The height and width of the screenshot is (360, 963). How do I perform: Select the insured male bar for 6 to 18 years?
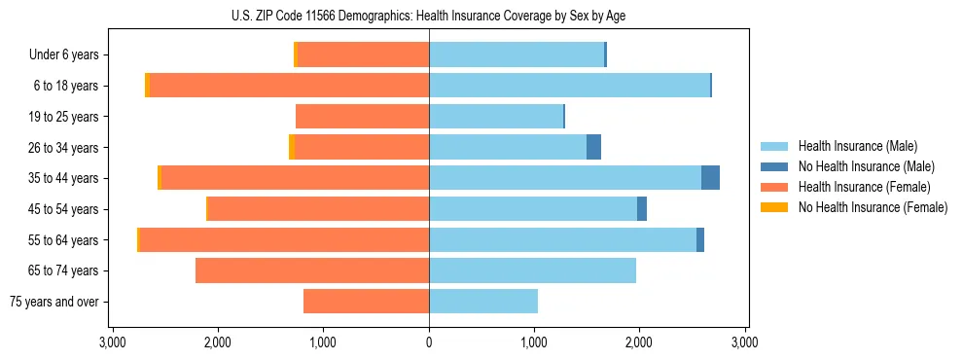pos(569,86)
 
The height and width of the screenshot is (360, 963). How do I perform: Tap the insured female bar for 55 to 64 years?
pos(576,240)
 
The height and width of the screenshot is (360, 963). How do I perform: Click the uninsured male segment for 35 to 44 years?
pos(710,178)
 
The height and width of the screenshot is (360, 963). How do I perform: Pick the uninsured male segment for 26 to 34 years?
pos(593,147)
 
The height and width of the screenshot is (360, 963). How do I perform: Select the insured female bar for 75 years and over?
pos(366,302)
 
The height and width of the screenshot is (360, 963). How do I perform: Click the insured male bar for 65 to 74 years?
pos(532,270)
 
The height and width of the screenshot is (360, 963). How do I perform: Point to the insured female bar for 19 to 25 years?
pos(362,117)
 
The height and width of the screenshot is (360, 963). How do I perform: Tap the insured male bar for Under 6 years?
pos(517,54)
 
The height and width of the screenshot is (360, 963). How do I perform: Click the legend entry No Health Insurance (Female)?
pos(873,207)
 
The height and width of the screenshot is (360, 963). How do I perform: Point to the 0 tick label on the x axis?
pos(429,342)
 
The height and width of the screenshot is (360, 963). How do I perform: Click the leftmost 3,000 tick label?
pos(113,342)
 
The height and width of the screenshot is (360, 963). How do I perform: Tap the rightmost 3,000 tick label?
pos(744,342)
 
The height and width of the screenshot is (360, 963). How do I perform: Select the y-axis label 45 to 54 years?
pos(64,209)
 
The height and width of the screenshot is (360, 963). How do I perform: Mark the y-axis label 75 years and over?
pos(53,302)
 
